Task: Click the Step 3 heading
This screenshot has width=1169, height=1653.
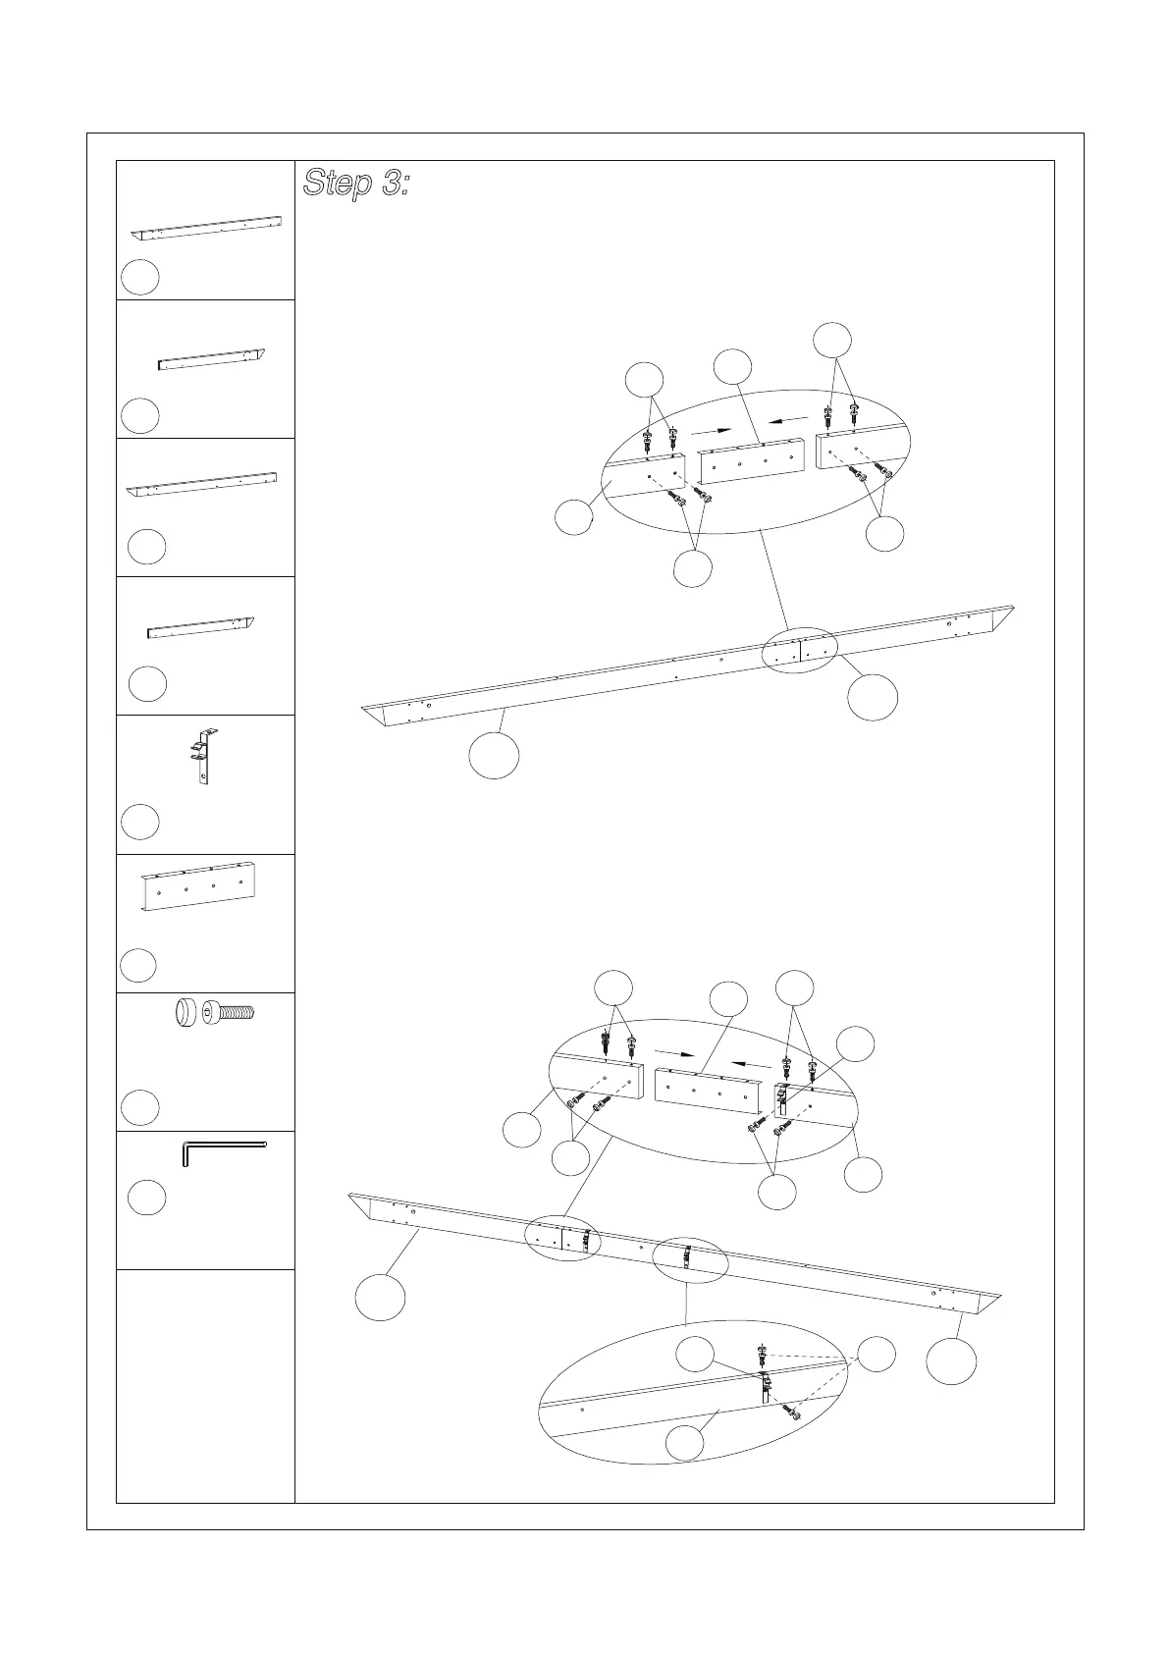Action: [x=355, y=184]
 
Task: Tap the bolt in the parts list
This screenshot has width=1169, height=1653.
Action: [x=230, y=1011]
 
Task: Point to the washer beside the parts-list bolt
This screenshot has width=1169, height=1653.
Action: [x=185, y=1012]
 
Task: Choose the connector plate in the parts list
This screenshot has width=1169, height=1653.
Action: [x=203, y=885]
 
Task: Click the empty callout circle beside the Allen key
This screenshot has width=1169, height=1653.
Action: [x=147, y=1199]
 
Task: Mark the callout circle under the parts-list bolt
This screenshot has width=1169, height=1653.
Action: [x=140, y=1107]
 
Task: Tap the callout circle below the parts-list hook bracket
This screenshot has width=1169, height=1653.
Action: [x=140, y=822]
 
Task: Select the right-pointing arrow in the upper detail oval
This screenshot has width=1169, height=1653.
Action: [x=712, y=431]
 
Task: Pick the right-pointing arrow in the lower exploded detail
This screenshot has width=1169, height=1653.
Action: [x=675, y=1054]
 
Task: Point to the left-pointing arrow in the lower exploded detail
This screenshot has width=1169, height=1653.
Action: [x=752, y=1063]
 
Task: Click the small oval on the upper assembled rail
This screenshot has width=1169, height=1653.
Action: [x=800, y=651]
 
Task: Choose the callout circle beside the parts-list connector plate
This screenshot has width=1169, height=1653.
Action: [x=138, y=966]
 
